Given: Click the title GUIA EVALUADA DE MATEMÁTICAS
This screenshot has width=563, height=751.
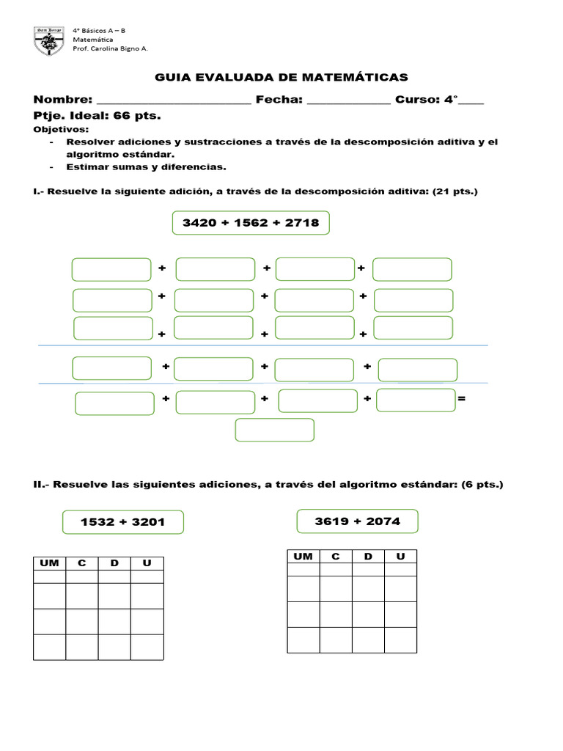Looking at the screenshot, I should tap(281, 77).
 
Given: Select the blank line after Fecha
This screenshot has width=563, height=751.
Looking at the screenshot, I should tap(348, 103).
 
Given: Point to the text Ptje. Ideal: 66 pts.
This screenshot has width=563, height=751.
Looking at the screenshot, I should tap(97, 116).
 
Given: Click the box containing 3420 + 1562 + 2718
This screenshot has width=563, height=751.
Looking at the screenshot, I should tap(251, 222).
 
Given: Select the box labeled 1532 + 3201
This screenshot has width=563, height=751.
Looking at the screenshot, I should tap(122, 522).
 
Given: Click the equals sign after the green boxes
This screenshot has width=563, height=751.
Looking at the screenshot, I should tap(461, 399).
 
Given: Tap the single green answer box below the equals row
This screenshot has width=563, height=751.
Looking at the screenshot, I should tap(274, 431).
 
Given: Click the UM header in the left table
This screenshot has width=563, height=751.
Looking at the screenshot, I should tap(49, 563).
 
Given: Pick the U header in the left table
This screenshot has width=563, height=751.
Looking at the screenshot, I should tap(147, 563).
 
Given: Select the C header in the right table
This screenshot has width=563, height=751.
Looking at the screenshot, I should tap(336, 557).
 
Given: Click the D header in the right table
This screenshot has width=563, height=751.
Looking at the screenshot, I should tap(368, 557).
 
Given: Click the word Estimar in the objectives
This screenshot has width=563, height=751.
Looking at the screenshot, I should tap(86, 166).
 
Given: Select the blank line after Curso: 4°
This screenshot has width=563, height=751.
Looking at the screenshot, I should tap(470, 103).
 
